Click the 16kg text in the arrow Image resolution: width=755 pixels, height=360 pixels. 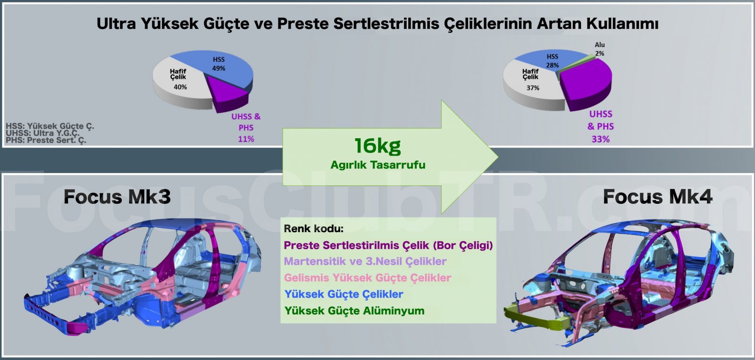tap(377, 146)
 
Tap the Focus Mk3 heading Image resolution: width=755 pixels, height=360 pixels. tap(117, 197)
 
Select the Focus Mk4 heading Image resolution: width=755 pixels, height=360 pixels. tap(658, 197)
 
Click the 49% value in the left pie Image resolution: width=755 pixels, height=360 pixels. tap(218, 68)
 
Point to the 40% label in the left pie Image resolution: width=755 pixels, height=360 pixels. tap(180, 87)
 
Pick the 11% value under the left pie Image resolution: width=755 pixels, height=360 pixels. tap(246, 139)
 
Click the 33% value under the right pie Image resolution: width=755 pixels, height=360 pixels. tap(601, 139)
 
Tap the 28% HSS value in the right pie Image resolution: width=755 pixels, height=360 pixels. tap(553, 65)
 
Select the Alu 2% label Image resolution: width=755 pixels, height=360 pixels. tap(600, 49)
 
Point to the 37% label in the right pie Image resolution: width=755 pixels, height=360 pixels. tap(533, 88)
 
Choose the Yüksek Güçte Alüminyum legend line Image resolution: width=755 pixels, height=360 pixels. tap(354, 310)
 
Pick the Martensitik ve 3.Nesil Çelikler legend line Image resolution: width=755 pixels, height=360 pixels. tap(365, 261)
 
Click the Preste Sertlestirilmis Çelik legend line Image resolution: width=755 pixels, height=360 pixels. tap(388, 245)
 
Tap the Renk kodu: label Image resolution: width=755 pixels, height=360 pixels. tap(313, 228)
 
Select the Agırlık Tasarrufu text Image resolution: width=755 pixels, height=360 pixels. tap(378, 165)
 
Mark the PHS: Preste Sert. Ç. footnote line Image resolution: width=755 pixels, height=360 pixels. tap(46, 140)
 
